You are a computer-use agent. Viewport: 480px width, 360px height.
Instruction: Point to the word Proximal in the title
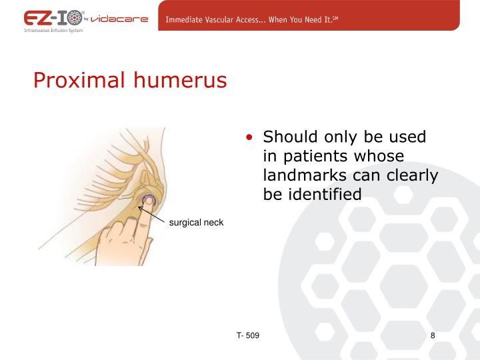(x=79, y=81)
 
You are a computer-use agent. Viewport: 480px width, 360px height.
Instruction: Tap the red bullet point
(x=249, y=138)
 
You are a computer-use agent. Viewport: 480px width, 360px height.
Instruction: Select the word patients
(x=315, y=156)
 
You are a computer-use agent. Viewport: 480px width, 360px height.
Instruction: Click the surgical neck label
(x=196, y=223)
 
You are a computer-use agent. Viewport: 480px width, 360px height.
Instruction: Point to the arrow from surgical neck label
(x=151, y=213)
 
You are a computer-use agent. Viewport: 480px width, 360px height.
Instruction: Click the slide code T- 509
(x=247, y=335)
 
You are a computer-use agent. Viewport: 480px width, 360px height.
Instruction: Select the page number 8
(x=433, y=335)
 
